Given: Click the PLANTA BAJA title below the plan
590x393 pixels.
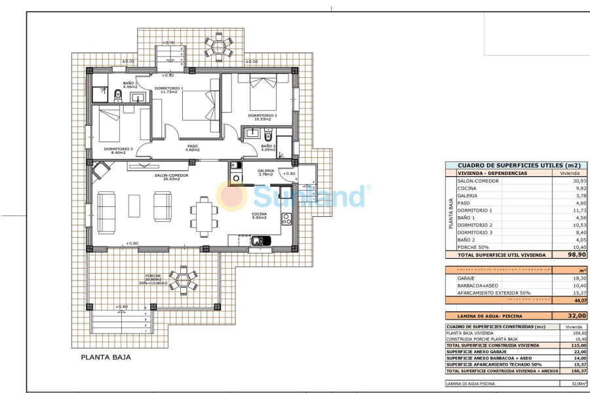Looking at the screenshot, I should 106,358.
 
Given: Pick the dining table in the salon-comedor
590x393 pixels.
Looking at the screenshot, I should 206,218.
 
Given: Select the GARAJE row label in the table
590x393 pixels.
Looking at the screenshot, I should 466,278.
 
